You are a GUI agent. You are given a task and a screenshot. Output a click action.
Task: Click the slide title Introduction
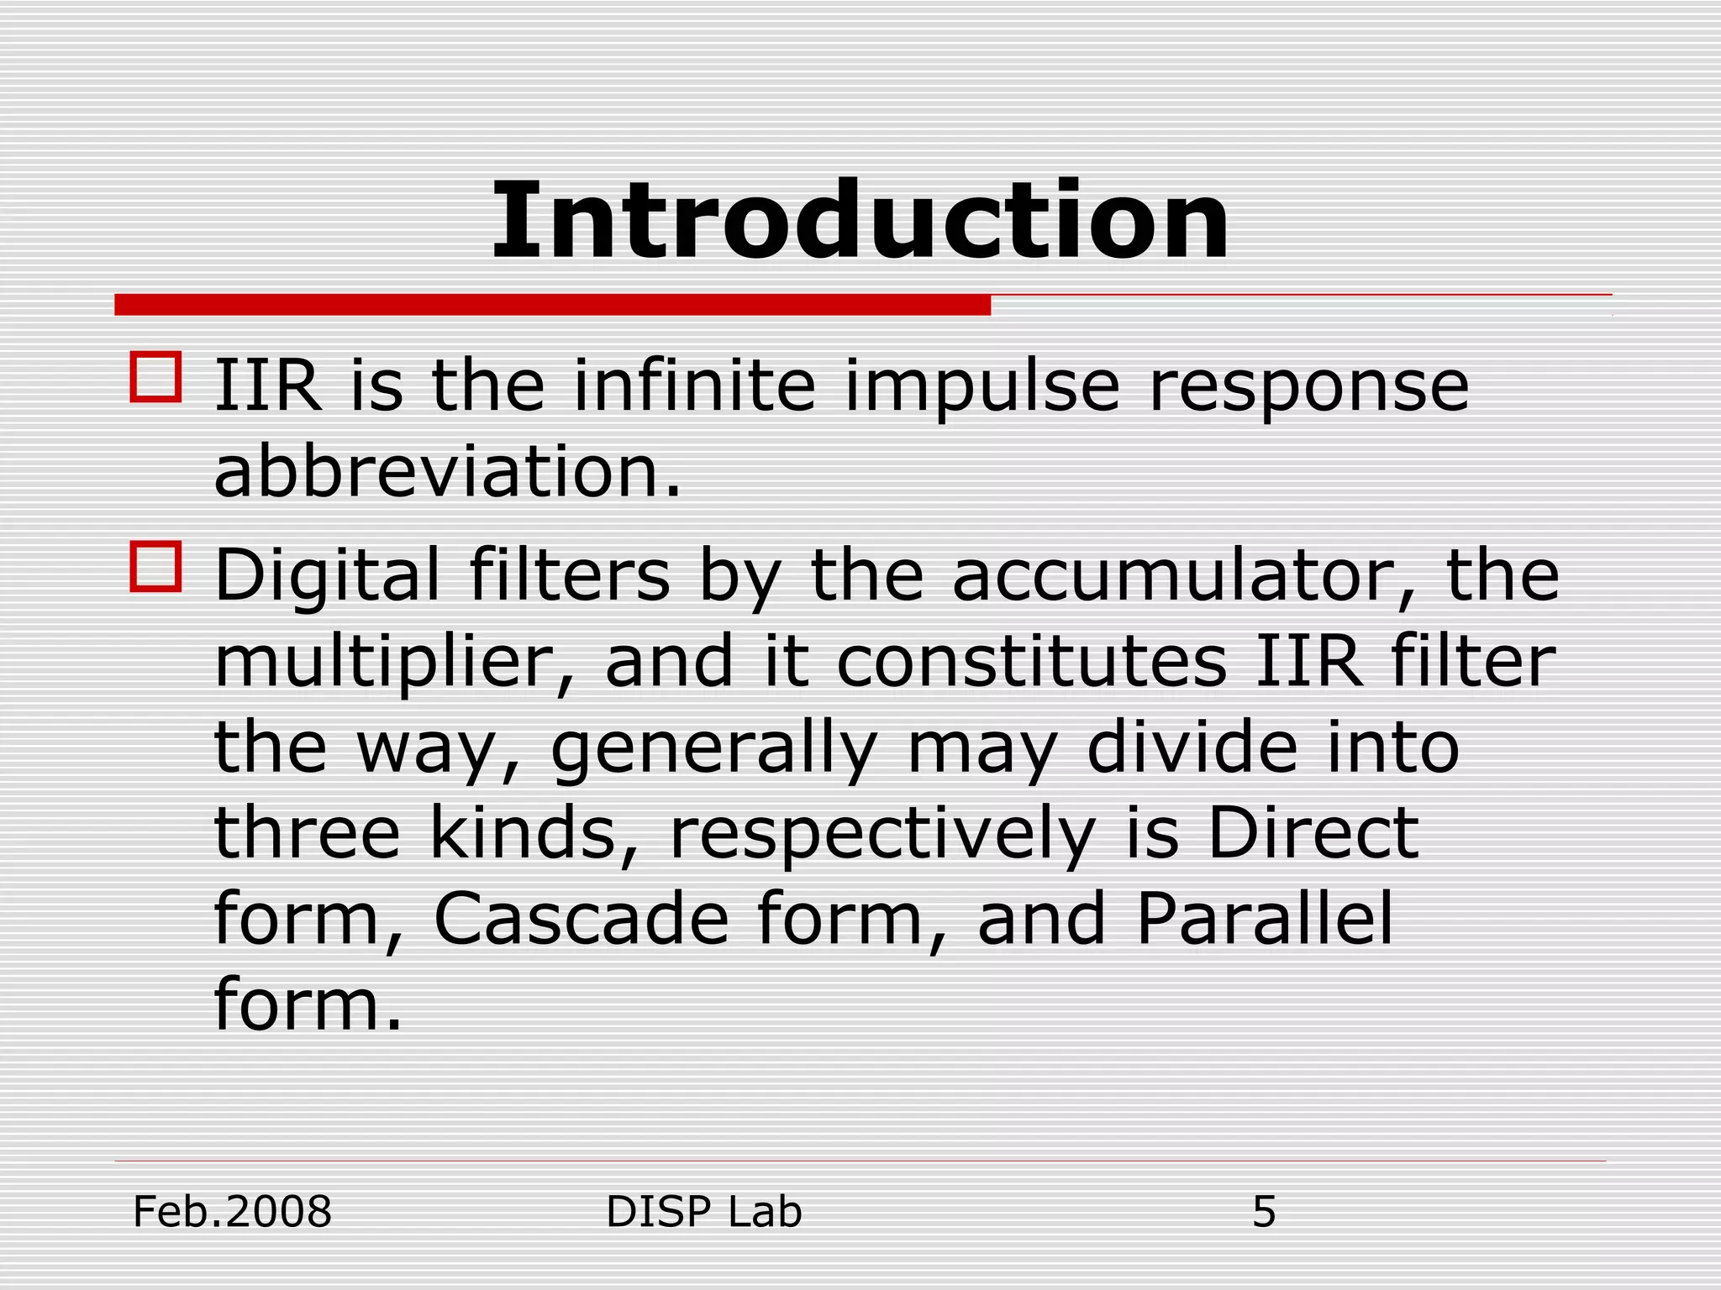tap(860, 223)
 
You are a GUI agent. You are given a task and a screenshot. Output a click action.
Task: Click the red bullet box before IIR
tap(155, 377)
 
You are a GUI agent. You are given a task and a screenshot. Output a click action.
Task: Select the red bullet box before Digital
tap(155, 567)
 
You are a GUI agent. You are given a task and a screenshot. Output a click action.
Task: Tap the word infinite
tap(694, 386)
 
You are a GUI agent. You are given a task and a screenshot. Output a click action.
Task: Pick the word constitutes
tap(1032, 663)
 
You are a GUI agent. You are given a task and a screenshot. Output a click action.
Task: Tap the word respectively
tap(882, 836)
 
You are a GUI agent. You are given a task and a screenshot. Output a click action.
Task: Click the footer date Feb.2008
tap(233, 1213)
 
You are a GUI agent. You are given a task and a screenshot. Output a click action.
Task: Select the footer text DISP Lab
tap(703, 1213)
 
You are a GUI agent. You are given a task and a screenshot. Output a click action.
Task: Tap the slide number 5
tap(1264, 1213)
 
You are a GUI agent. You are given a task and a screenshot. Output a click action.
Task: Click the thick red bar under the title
tap(552, 305)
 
